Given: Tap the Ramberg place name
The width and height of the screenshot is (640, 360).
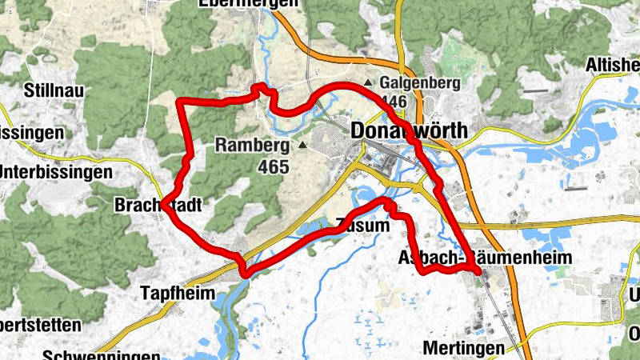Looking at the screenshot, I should pos(251,146).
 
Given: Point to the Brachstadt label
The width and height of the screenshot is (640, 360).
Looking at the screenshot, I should pos(157,204).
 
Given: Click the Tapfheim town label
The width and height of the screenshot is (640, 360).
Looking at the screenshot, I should pos(178,293).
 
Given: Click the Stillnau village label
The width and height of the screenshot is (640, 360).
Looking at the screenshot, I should pos(55,90).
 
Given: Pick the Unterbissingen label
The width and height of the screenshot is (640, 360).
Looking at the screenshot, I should pos(55,172).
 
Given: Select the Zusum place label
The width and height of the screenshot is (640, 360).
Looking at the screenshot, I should pos(362,226).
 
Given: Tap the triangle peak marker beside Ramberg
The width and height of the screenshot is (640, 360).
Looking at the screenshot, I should pos(302,146).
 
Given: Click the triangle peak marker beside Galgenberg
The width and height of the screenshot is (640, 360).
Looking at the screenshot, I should pos(368,83).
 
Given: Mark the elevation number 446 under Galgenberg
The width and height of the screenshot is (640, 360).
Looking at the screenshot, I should pos(394,102).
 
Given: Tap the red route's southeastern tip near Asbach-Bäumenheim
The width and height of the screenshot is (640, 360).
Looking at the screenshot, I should pos(478,274).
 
